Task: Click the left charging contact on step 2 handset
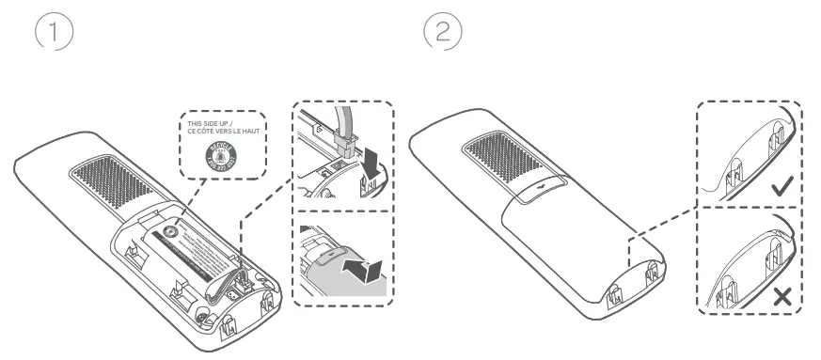pyautogui.click(x=617, y=283)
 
